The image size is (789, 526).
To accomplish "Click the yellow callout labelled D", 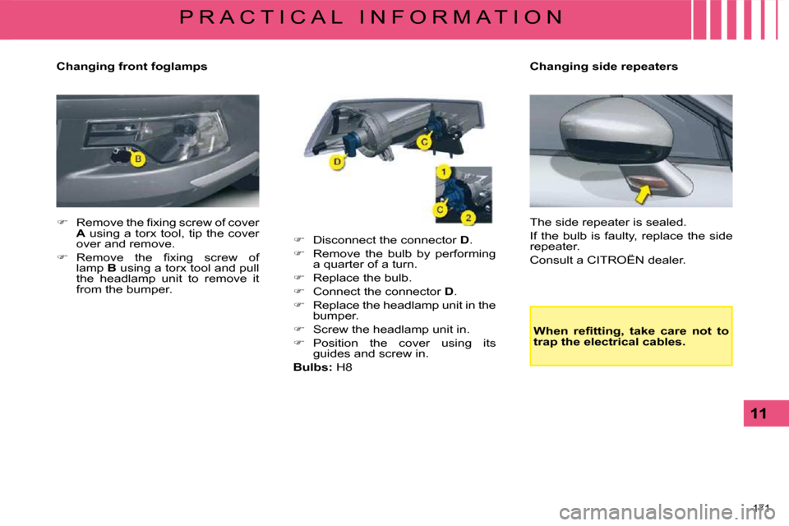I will tap(337, 164).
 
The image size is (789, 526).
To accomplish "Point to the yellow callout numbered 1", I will tap(442, 173).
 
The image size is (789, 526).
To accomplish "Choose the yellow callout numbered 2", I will tap(467, 218).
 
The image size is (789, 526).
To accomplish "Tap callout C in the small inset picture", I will tap(441, 210).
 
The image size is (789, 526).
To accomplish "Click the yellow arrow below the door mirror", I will tap(643, 194).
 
